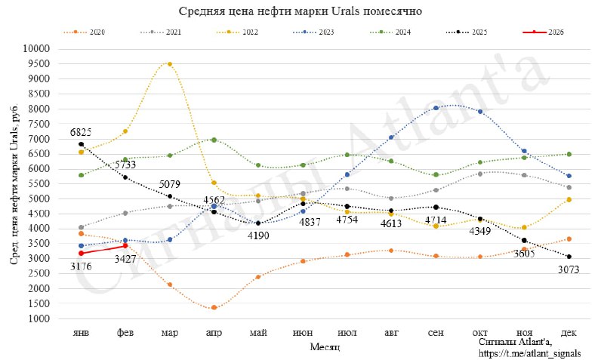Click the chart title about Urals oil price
(x=300, y=12)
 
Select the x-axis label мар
(x=170, y=332)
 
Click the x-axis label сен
(x=436, y=332)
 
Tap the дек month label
(x=569, y=332)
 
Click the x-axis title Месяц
(x=325, y=346)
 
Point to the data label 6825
(x=81, y=133)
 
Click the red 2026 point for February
(x=125, y=245)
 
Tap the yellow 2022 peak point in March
(x=170, y=64)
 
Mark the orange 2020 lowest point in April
(x=214, y=308)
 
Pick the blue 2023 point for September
(x=436, y=108)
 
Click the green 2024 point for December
(x=569, y=154)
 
